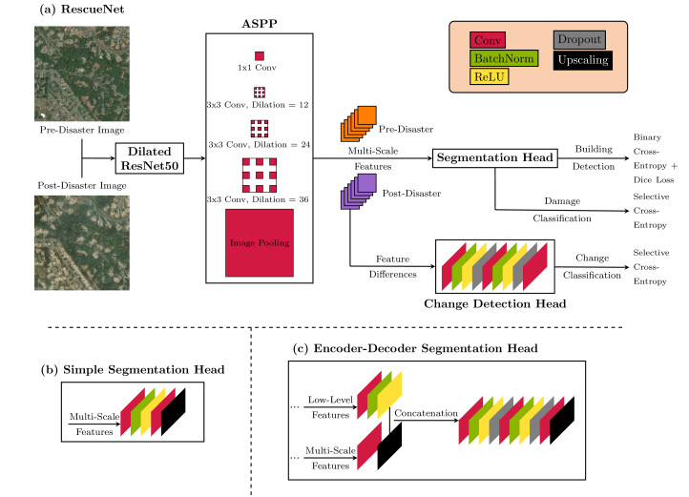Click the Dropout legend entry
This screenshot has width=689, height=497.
pyautogui.click(x=580, y=41)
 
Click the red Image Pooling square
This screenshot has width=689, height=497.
pyautogui.click(x=260, y=243)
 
